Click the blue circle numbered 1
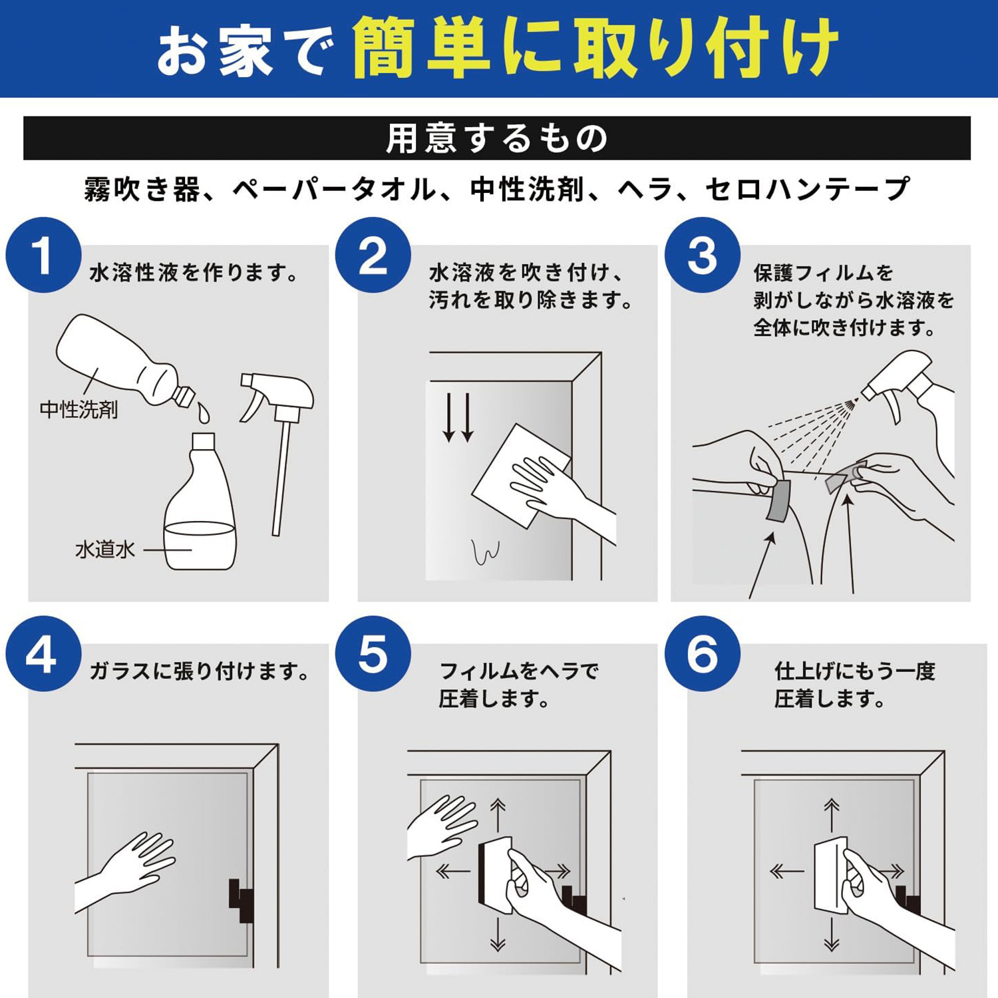click(x=44, y=255)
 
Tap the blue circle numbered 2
click(x=373, y=255)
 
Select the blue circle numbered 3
click(x=703, y=255)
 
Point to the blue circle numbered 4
click(x=44, y=654)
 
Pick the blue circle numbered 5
click(x=373, y=654)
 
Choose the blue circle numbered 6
click(x=703, y=654)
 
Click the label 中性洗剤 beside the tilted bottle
click(x=79, y=409)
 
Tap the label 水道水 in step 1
click(x=105, y=550)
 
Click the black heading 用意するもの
click(x=497, y=138)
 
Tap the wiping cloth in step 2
click(x=521, y=476)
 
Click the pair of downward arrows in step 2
click(x=458, y=418)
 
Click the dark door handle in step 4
click(x=242, y=900)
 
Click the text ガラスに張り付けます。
click(x=199, y=671)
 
